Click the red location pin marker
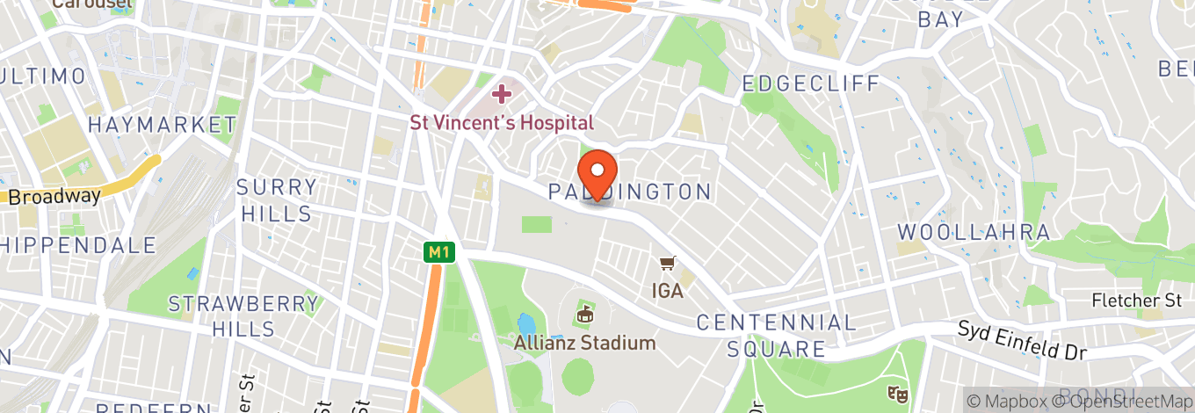pos(597,170)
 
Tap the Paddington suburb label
pos(630,192)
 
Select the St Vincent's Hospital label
pos(502,123)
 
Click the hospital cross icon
pos(502,93)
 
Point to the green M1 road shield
pos(437,253)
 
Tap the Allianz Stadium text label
pos(585,343)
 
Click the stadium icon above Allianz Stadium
pos(585,313)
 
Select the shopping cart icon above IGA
pos(669,264)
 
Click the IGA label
pos(668,290)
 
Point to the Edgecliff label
pos(810,84)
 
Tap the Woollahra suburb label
pos(974,233)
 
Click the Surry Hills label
pos(277,200)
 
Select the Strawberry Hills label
pos(243,316)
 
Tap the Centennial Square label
pos(776,336)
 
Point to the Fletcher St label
pos(1136,301)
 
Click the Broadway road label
pos(54,197)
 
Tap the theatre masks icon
pos(897,392)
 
